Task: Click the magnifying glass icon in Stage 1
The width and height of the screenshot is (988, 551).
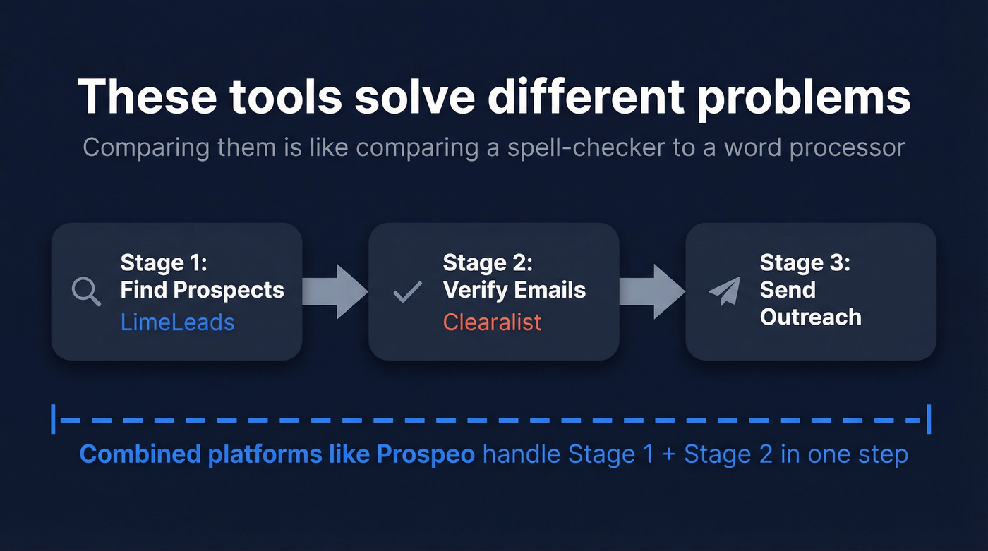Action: [86, 291]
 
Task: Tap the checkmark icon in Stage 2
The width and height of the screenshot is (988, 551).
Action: [407, 291]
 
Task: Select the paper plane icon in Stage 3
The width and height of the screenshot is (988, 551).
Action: [725, 291]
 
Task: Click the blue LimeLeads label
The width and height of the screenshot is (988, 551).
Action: [177, 322]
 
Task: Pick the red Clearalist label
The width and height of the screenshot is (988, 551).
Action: [492, 322]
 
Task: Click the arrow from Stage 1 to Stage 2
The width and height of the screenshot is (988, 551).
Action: [335, 291]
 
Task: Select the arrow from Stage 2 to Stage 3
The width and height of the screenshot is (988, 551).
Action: [652, 291]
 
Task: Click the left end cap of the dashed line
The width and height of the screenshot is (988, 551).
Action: [54, 419]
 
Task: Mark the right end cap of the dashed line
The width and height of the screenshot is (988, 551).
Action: [929, 419]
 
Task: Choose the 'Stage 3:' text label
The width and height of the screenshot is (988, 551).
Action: [805, 263]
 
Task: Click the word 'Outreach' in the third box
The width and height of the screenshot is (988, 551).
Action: [810, 317]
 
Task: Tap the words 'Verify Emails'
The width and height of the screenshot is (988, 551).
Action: [514, 290]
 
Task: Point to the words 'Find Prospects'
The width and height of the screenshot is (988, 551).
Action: [202, 290]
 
